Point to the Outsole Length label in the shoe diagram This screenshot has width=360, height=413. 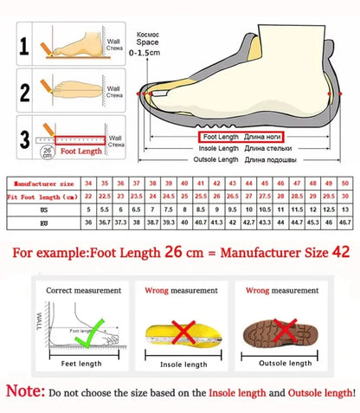click(215, 160)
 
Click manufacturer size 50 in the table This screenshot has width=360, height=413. click(344, 184)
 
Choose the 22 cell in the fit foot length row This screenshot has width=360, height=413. click(87, 197)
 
